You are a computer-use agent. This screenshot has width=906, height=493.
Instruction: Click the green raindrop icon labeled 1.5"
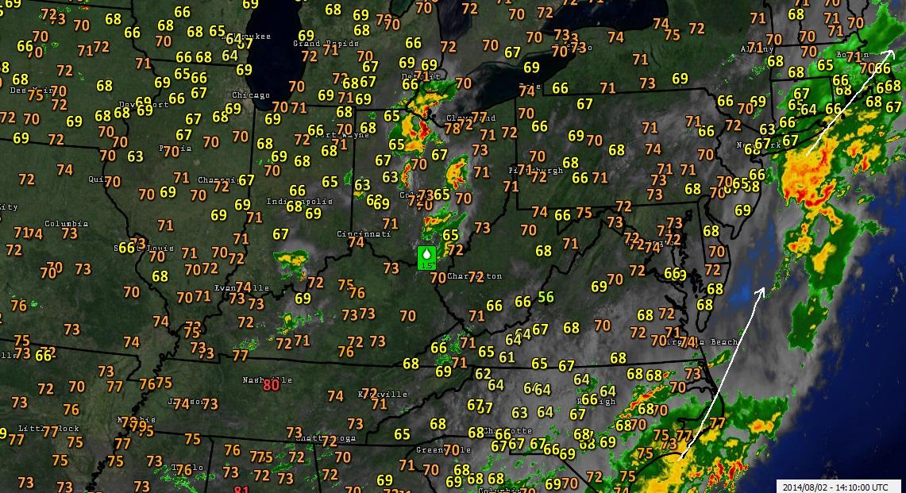(427, 257)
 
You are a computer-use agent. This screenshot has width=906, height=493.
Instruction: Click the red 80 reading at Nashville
(271, 385)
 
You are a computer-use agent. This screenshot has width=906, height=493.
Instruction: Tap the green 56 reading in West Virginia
(546, 297)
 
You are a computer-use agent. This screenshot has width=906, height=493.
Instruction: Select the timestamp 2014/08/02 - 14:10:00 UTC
(840, 485)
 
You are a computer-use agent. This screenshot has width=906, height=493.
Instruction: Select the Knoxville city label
(384, 394)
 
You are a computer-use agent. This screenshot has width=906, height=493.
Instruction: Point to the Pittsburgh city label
(536, 171)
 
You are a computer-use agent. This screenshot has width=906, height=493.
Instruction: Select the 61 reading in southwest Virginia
(507, 357)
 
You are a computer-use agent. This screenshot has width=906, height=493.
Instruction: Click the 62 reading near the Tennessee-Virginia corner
(483, 374)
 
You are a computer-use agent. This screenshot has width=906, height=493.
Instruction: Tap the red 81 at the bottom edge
(241, 490)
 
